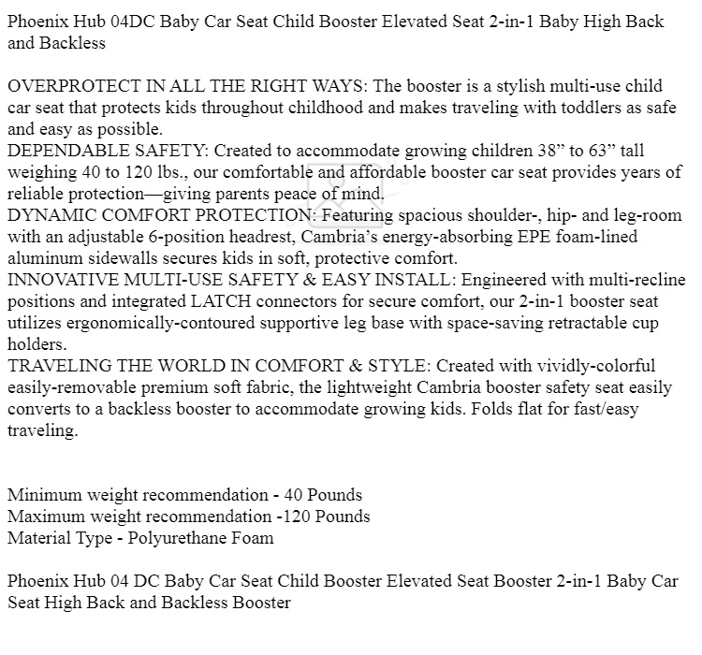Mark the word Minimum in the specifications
43,495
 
